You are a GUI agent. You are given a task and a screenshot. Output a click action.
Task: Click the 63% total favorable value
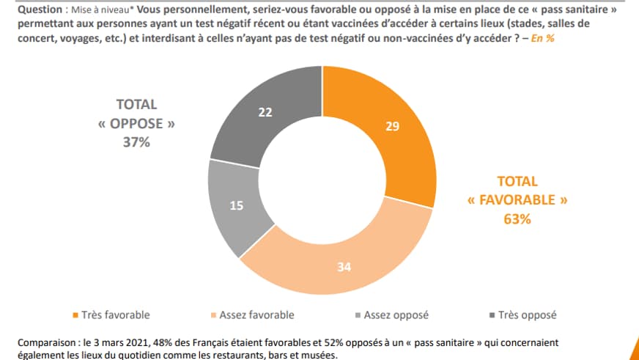[x=517, y=218]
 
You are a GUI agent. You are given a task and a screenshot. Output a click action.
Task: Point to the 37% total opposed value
[x=136, y=143]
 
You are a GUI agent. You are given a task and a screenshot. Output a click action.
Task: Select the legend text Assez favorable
[x=257, y=315]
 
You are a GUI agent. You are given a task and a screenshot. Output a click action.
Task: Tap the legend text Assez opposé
[x=396, y=315]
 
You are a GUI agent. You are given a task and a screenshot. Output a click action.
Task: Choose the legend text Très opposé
[x=527, y=315]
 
